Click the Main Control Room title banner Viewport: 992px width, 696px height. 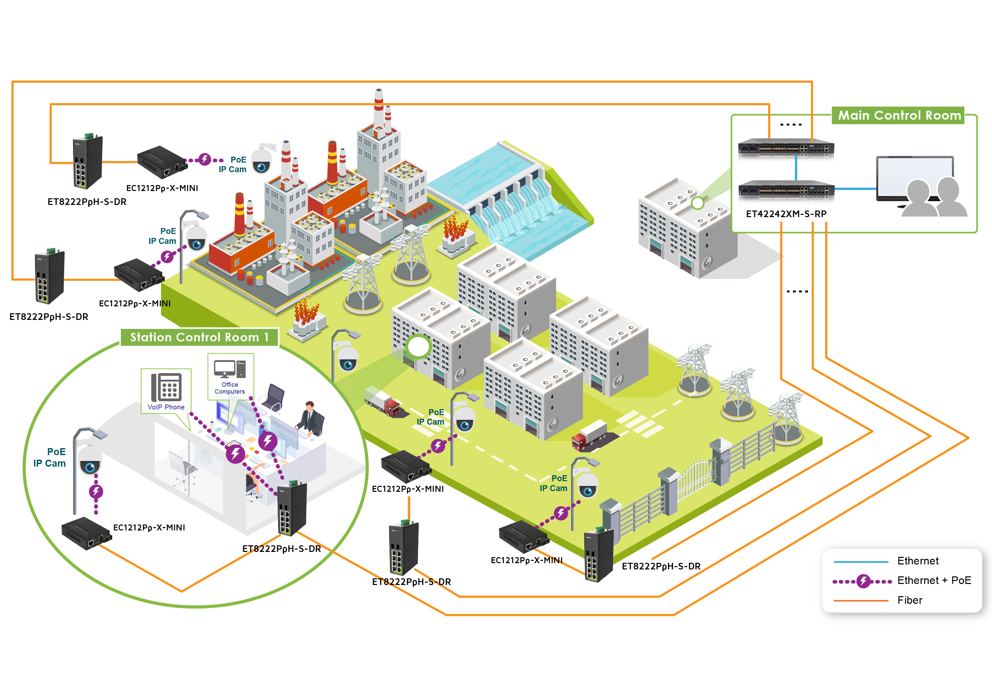click(x=899, y=115)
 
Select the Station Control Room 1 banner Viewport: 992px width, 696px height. click(x=199, y=337)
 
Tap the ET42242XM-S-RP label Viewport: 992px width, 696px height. click(x=786, y=214)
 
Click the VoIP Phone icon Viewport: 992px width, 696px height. click(x=166, y=387)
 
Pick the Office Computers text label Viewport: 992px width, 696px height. click(x=229, y=388)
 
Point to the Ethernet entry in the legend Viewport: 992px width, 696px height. click(x=918, y=561)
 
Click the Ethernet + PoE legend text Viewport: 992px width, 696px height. click(x=934, y=580)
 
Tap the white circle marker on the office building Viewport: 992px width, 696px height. click(x=418, y=346)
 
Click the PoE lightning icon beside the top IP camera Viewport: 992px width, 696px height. click(x=205, y=159)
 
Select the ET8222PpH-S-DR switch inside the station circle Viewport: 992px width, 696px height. click(x=292, y=510)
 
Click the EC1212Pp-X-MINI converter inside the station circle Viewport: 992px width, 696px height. click(x=86, y=534)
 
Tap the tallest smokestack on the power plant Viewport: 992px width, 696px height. click(x=379, y=108)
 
